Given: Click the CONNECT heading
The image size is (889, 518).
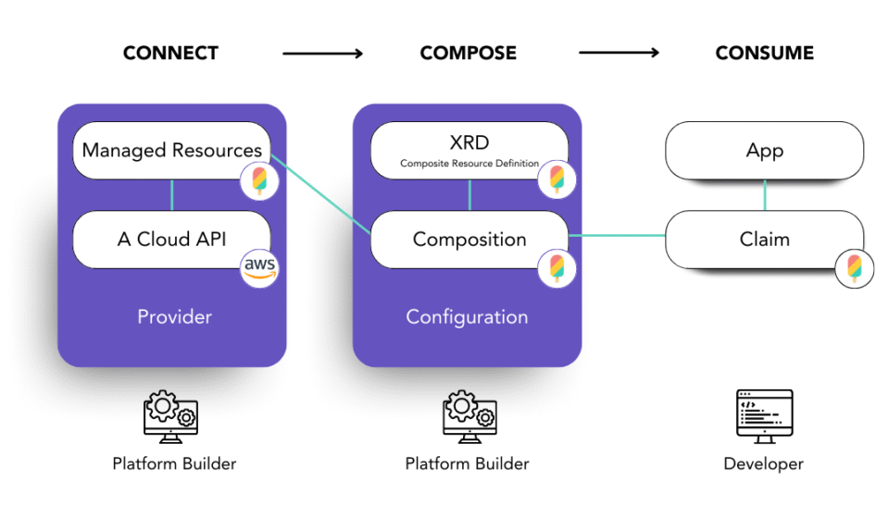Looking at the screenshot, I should [170, 54].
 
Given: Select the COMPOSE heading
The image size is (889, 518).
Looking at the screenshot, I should [467, 54].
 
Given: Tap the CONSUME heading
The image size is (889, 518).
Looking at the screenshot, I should [764, 54].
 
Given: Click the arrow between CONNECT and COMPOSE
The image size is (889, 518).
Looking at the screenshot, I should [322, 54].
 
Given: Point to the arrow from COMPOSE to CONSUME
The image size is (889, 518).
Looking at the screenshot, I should [619, 54].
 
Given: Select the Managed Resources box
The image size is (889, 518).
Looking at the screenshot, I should [171, 150].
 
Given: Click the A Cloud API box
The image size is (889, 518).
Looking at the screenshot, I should [171, 239].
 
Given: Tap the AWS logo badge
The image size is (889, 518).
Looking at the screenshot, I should [259, 267].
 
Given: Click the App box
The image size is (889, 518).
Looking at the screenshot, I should [765, 150].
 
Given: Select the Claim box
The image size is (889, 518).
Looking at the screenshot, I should [765, 239].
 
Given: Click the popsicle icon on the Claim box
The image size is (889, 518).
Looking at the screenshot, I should [853, 268].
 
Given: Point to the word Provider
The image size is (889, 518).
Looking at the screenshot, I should [174, 317].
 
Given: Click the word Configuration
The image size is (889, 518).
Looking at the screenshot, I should [467, 317].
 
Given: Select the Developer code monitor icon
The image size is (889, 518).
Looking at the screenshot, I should [764, 414].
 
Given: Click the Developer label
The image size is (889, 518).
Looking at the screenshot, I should [764, 463].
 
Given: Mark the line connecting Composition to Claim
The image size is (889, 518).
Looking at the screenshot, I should [618, 236].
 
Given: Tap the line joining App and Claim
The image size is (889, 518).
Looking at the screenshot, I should [765, 194].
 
